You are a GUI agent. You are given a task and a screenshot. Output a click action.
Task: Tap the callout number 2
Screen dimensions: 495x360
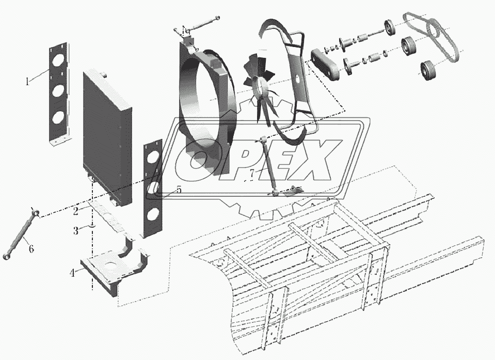click(75, 211)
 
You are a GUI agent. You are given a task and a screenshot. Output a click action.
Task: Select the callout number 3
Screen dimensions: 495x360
click(75, 230)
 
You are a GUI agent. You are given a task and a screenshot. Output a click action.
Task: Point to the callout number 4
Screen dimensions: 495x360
click(72, 272)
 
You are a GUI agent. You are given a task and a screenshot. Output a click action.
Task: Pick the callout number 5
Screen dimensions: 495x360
click(179, 190)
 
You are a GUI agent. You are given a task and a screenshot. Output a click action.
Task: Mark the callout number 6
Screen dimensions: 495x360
click(31, 249)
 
